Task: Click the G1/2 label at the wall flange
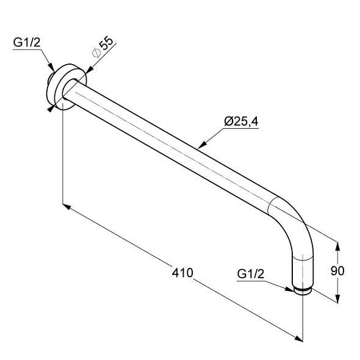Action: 27,43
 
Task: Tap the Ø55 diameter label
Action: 103,47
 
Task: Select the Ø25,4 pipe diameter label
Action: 241,121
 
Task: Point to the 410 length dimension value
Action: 182,273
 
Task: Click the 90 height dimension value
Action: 337,271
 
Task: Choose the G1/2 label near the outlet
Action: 251,274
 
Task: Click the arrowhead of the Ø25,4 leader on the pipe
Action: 202,145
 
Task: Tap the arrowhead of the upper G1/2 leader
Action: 51,67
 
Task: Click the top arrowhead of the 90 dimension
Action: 337,247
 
